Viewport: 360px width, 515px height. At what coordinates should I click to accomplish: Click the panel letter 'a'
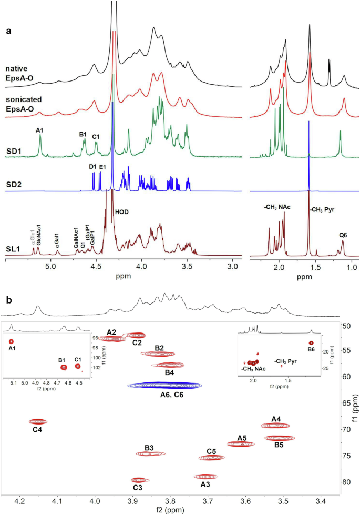click(x=8, y=31)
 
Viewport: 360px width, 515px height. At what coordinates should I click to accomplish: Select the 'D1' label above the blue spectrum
click(x=93, y=167)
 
